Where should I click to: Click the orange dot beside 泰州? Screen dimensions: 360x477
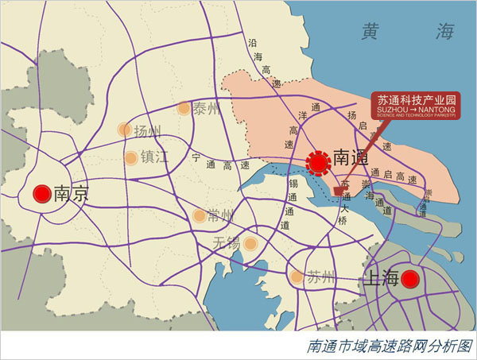tap(184, 108)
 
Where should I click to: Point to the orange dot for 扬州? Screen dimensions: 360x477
tap(125, 130)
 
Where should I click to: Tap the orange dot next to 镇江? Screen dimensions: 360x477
tap(130, 157)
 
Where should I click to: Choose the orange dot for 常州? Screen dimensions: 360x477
tap(200, 215)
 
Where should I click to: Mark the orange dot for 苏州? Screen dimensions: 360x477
tap(297, 277)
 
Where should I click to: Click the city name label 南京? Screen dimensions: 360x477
tap(70, 194)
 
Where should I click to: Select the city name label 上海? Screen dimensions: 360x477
tap(381, 278)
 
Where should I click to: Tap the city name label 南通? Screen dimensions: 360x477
tap(351, 158)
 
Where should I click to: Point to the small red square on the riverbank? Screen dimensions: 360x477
tap(338, 191)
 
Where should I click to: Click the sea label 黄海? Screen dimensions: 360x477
tap(406, 33)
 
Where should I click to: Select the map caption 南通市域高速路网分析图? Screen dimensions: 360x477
tap(389, 346)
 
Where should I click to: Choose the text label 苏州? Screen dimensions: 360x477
tap(320, 278)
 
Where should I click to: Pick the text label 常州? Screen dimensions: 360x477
tap(220, 215)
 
